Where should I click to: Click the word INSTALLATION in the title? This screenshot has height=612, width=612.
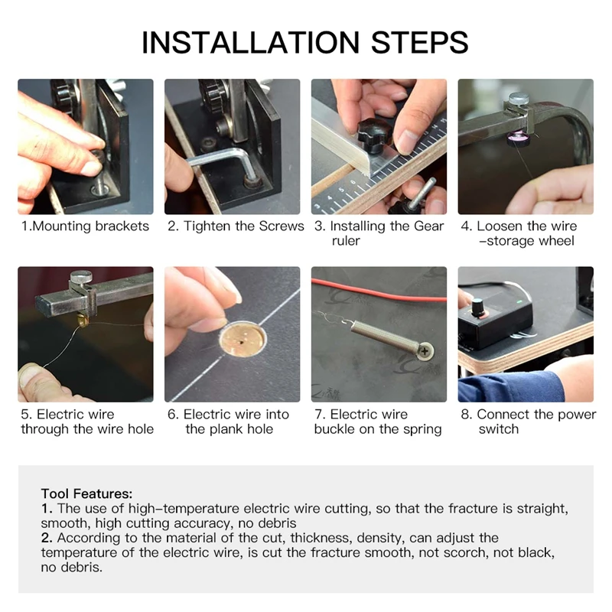click(250, 42)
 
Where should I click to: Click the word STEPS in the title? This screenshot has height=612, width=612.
click(419, 42)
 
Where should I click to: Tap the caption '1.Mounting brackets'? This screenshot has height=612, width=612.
click(85, 226)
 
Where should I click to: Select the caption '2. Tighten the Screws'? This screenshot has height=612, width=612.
click(236, 226)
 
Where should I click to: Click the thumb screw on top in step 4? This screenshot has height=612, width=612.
click(519, 98)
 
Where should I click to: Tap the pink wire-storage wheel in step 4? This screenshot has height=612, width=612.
click(519, 139)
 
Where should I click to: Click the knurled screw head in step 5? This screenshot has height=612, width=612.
click(81, 277)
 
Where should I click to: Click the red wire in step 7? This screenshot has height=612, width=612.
click(379, 292)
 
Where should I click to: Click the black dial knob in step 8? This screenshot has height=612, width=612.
click(477, 307)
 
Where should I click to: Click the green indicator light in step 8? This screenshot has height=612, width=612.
click(519, 301)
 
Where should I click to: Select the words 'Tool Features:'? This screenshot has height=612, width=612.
click(86, 493)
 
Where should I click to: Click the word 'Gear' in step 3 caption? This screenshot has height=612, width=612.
click(428, 226)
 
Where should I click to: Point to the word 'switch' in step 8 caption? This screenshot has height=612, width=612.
click(499, 429)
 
